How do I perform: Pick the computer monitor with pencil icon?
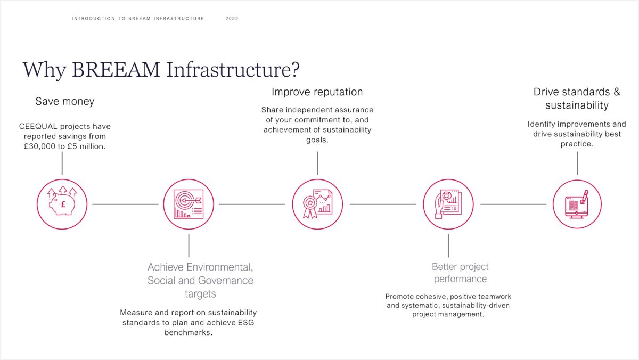(x=577, y=204)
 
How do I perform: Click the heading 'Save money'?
(x=64, y=101)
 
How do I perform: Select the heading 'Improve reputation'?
(x=317, y=92)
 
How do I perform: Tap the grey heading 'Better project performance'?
(x=460, y=273)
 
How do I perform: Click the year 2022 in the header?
(x=232, y=19)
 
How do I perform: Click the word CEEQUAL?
(x=38, y=127)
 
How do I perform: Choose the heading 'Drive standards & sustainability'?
(x=577, y=99)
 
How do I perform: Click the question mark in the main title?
(x=294, y=70)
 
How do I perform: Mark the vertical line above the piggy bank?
(x=62, y=163)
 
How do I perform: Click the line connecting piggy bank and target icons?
(x=125, y=204)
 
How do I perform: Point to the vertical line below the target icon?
(x=189, y=246)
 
